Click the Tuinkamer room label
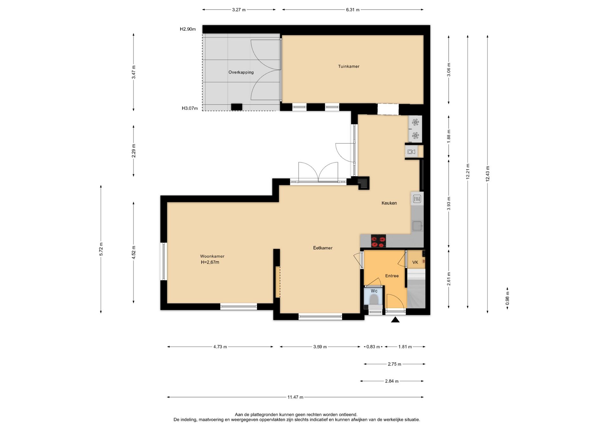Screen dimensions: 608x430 (x=349, y=66)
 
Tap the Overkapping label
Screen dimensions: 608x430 (x=241, y=73)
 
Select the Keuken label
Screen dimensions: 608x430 (x=389, y=203)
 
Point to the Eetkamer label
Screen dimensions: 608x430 (x=323, y=248)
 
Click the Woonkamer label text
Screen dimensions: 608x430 (x=212, y=256)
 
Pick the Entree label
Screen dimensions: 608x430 (x=392, y=276)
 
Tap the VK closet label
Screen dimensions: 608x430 (x=415, y=262)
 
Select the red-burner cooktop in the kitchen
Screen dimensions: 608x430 (x=378, y=241)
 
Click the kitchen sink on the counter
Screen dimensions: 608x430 (x=417, y=226)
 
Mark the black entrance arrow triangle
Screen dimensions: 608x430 (x=395, y=320)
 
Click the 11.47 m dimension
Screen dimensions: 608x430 (x=295, y=397)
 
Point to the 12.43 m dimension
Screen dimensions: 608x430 (x=488, y=174)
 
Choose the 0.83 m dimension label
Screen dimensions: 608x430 (x=373, y=347)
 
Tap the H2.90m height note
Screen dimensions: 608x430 (x=188, y=29)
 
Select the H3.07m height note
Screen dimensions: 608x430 (x=190, y=108)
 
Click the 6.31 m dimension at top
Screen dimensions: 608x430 (x=353, y=10)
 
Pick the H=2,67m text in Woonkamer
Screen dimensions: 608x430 (x=210, y=262)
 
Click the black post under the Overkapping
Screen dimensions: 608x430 (x=237, y=107)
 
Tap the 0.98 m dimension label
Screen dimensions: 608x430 (x=507, y=298)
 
